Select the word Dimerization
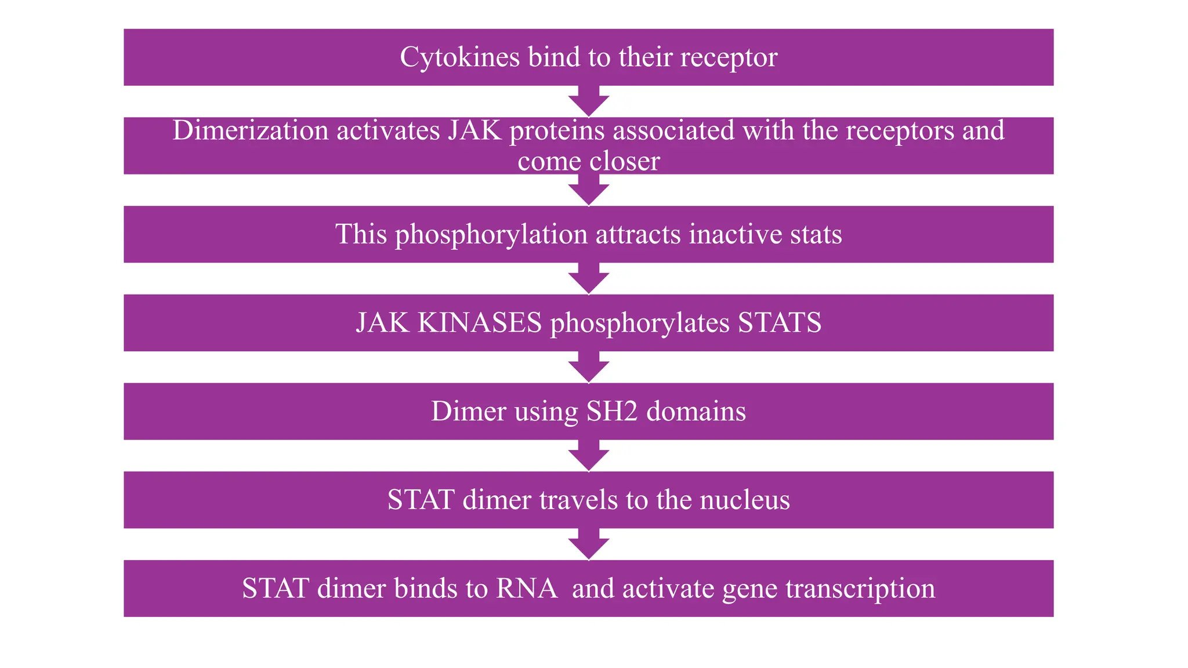tap(250, 130)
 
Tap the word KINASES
tap(479, 323)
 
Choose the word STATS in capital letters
tap(780, 323)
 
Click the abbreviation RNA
tap(527, 589)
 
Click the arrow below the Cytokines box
tap(589, 102)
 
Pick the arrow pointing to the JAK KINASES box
tap(589, 279)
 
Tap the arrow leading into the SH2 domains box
tap(589, 368)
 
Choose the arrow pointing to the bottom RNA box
tap(589, 544)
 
